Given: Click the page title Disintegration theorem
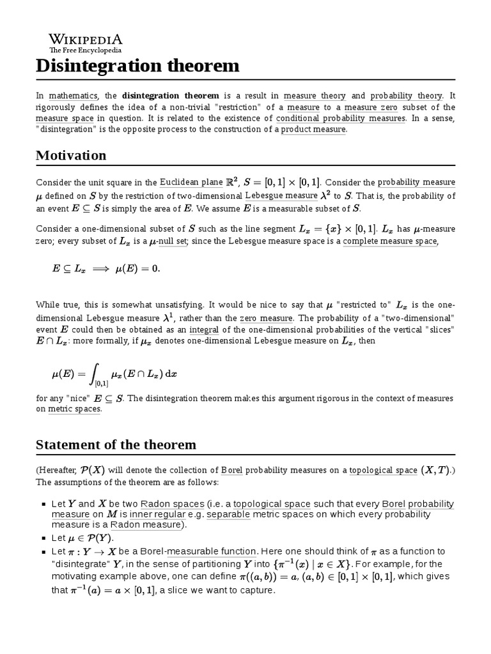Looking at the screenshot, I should coord(137,66).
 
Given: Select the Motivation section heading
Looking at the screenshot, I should coord(71,156).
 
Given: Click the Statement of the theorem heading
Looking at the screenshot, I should coord(116,445).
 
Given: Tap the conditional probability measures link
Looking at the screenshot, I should coord(341,118).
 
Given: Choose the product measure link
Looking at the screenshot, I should coord(313,130).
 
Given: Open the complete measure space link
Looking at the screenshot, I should coord(390,241).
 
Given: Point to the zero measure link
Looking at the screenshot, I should coord(267,318).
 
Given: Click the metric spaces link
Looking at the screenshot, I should coord(74,409).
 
